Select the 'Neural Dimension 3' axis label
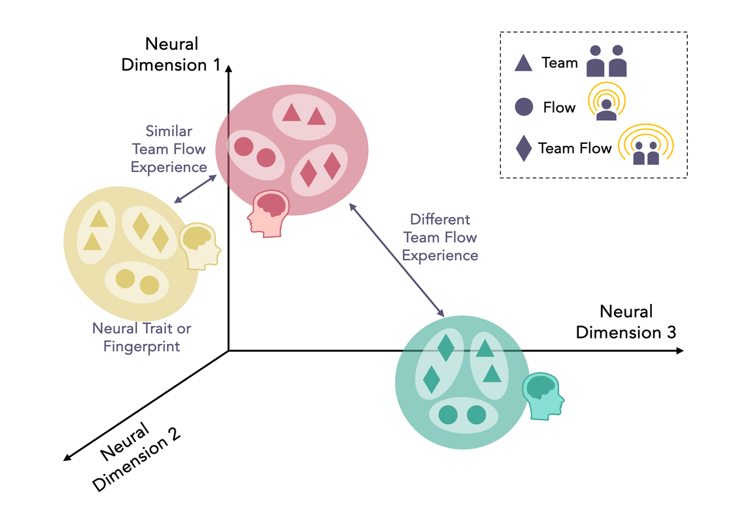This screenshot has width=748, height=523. tap(626, 322)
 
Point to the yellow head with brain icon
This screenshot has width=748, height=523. tap(201, 245)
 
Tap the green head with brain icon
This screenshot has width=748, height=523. tap(542, 396)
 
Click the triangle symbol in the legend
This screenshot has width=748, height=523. tap(523, 63)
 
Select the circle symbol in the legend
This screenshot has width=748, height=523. tap(524, 107)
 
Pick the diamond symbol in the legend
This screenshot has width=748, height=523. tap(524, 148)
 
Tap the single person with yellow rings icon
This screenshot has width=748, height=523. tap(607, 103)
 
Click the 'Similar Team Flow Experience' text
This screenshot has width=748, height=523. tap(169, 149)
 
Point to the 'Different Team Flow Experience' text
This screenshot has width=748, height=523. tap(439, 237)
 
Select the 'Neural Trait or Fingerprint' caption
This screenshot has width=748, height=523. tap(141, 337)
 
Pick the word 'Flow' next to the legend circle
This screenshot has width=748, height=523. tap(559, 107)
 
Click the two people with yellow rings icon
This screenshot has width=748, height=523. tap(645, 147)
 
